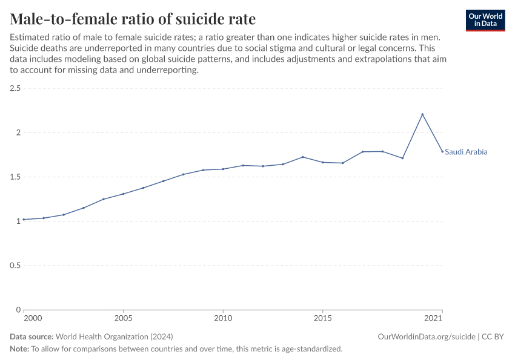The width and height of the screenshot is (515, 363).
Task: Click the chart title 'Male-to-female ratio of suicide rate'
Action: (133, 19)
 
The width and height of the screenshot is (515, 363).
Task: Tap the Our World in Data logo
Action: (485, 20)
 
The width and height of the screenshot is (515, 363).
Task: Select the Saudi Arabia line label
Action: (466, 152)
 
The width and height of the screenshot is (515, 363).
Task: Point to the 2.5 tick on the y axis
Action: (15, 88)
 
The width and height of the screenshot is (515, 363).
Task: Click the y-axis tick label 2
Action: (18, 132)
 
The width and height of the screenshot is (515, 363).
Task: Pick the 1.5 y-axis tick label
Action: (15, 177)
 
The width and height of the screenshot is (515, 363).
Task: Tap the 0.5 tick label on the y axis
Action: (15, 266)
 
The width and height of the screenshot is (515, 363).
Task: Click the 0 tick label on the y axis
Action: (18, 310)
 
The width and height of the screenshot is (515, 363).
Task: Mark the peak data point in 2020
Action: (422, 114)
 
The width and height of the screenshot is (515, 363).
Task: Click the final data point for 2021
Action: (442, 151)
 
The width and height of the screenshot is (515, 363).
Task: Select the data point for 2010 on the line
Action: (223, 169)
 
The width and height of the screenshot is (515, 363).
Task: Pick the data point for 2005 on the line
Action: (123, 194)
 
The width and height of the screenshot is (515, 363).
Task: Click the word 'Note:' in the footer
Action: (19, 349)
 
